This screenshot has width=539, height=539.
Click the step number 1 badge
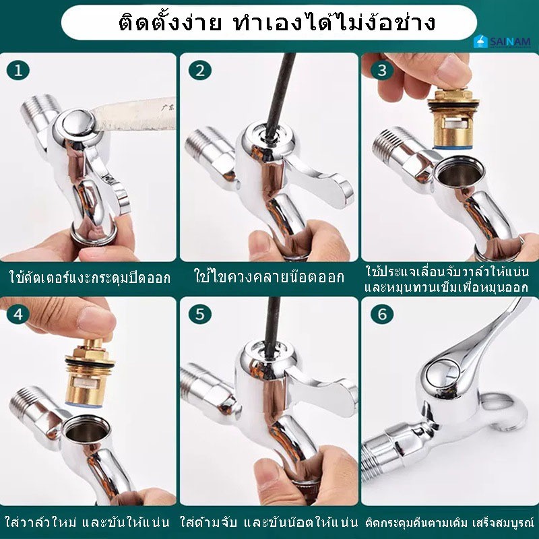coord(18,71)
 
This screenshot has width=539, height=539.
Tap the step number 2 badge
coord(199,71)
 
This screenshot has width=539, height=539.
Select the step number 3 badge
coord(382,71)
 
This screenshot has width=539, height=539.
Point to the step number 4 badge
coord(18,314)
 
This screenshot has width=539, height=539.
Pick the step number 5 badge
coord(199,314)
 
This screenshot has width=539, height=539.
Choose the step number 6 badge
coord(382,314)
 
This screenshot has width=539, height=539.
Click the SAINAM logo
coord(502,42)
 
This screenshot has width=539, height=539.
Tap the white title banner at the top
coord(269,22)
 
